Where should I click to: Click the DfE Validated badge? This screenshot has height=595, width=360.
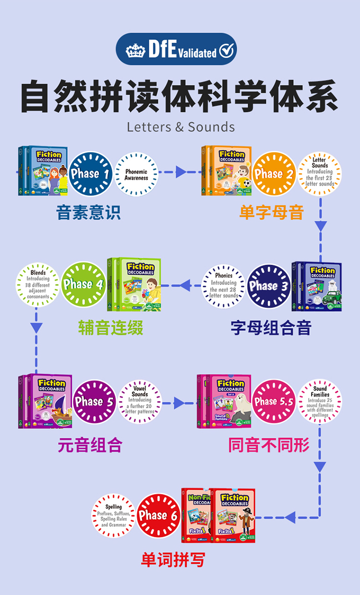click(176, 49)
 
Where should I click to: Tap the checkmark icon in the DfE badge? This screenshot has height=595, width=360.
click(227, 50)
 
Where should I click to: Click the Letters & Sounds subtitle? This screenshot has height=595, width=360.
click(181, 127)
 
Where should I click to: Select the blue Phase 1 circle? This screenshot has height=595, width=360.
click(90, 174)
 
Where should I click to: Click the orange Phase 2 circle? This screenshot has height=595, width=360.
click(274, 174)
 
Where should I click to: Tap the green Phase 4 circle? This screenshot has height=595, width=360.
click(83, 284)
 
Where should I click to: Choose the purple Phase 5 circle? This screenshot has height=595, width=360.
click(94, 401)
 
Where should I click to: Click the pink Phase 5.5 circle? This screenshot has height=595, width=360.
click(274, 401)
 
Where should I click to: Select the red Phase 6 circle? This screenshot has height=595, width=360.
click(158, 516)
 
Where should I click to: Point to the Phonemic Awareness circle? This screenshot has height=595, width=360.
click(136, 174)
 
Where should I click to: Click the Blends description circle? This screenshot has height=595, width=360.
click(38, 284)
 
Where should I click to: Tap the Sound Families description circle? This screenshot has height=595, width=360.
click(320, 401)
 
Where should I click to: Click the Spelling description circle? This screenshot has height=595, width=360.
click(113, 516)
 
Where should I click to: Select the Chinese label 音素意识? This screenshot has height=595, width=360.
click(88, 212)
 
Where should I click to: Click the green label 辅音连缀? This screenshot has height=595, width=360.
click(111, 328)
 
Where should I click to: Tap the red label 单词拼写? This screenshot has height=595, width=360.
click(173, 559)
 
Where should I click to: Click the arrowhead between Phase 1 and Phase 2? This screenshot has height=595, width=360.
click(181, 171)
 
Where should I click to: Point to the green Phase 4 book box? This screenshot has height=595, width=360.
click(134, 284)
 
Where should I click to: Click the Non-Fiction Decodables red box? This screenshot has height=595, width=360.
click(195, 515)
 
